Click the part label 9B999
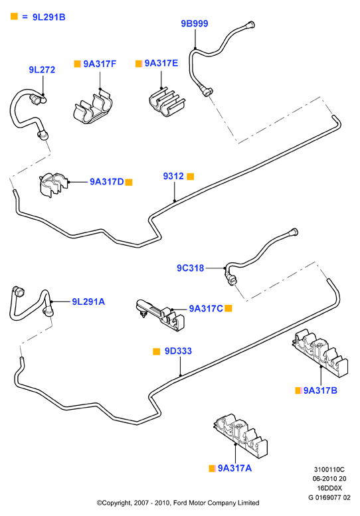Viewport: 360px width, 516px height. click(x=195, y=24)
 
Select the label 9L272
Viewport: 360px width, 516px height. click(x=42, y=70)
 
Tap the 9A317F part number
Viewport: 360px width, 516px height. click(x=100, y=64)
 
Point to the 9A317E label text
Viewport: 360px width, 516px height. click(x=161, y=63)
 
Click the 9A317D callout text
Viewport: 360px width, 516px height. click(x=107, y=182)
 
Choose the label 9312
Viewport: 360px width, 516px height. click(x=173, y=176)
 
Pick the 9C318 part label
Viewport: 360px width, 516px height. click(x=191, y=268)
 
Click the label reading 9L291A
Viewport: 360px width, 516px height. click(x=88, y=301)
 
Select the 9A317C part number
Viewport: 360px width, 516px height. click(x=206, y=309)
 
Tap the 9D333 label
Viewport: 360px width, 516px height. click(x=178, y=351)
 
